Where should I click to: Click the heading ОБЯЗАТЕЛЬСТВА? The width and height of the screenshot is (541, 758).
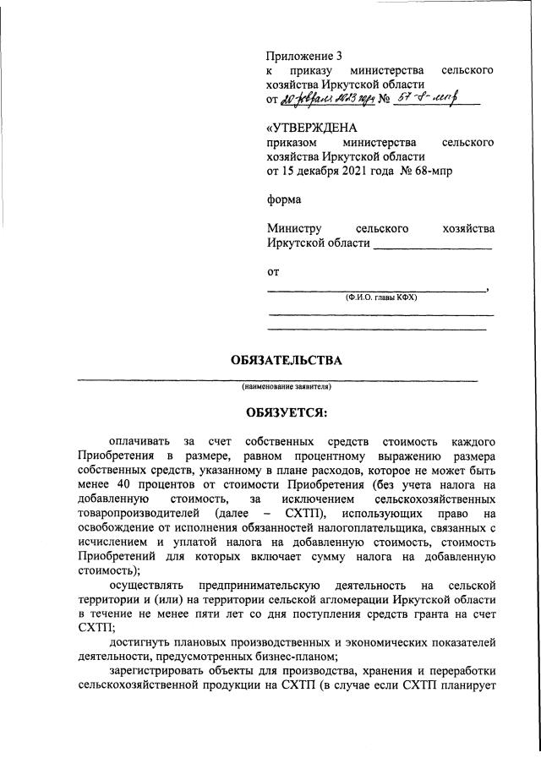287,361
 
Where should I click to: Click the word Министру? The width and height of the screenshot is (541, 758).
295,229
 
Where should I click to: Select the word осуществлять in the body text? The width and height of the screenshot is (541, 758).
148,586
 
